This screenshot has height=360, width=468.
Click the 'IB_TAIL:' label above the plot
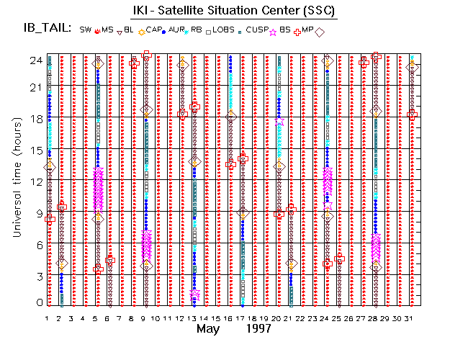(x=45, y=29)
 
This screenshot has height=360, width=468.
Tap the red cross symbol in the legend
(x=297, y=32)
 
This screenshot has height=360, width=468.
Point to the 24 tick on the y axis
(x=35, y=60)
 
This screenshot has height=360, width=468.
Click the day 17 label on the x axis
(x=243, y=318)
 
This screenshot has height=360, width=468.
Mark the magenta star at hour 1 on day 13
(x=195, y=294)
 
